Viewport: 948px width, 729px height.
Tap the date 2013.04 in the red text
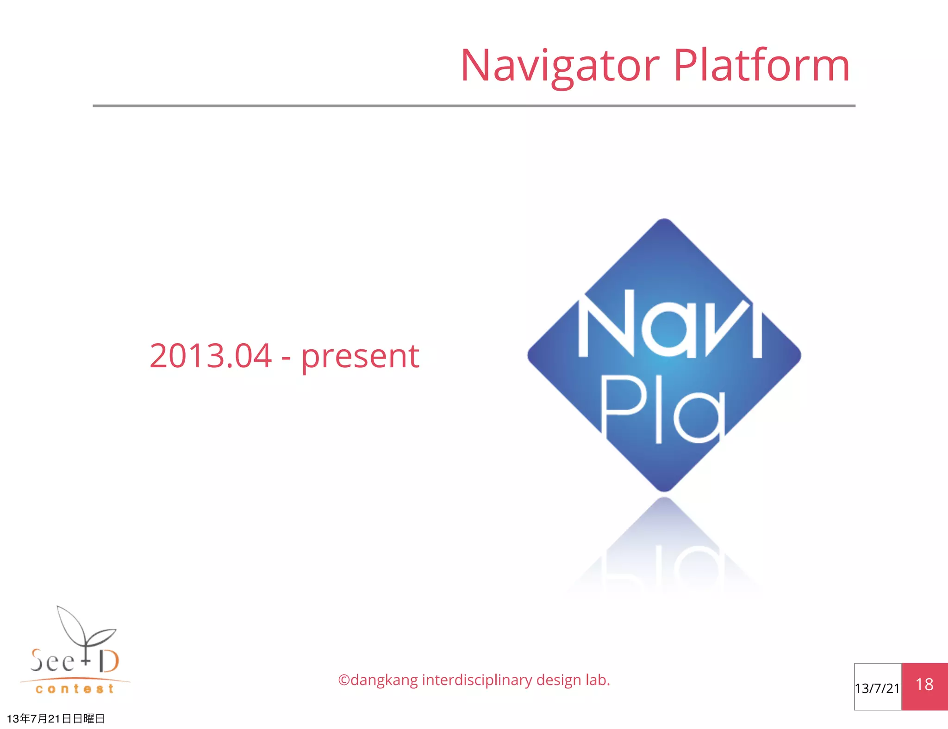coord(211,356)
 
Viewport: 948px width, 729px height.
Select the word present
coord(360,357)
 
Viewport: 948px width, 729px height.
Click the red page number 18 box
coord(924,686)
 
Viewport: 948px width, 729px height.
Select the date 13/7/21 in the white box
coord(877,688)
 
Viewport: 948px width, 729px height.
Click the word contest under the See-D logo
coord(75,689)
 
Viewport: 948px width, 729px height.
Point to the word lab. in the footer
coord(598,680)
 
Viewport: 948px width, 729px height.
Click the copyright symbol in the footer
coord(344,680)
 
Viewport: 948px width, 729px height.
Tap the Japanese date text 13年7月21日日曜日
coord(56,718)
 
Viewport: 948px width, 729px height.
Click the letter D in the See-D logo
coord(109,661)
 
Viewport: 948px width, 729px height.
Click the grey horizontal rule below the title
coord(474,106)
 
